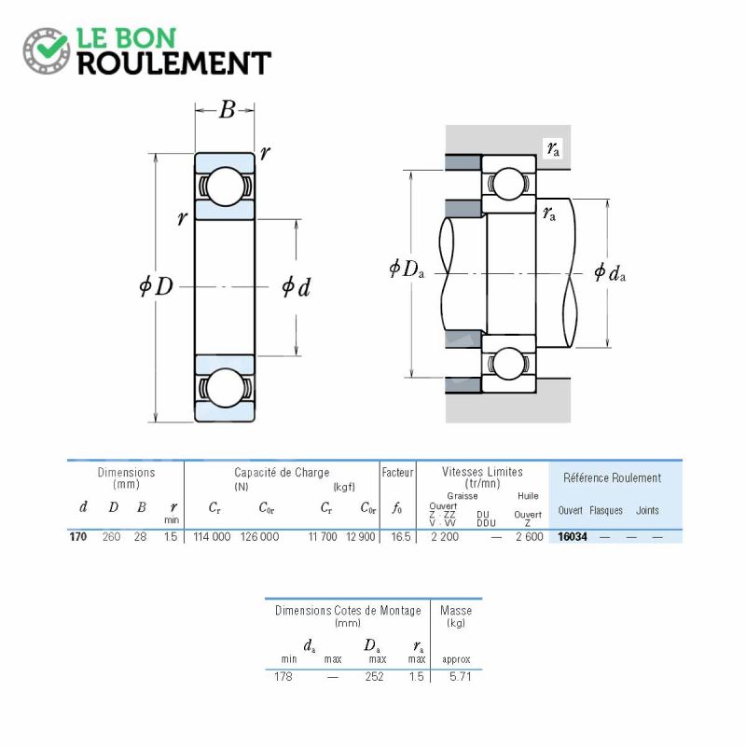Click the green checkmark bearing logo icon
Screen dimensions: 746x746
point(46,50)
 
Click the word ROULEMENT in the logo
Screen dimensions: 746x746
point(174,63)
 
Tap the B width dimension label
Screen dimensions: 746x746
point(227,110)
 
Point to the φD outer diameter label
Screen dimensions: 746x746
point(156,286)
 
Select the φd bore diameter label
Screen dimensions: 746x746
point(296,287)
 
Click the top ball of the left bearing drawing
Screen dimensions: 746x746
point(225,186)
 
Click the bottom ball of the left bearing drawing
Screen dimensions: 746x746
point(226,388)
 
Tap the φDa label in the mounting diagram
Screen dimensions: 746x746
point(407,269)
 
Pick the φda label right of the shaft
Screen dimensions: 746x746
point(610,272)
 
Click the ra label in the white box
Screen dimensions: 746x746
point(553,148)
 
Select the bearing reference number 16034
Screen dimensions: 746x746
point(573,537)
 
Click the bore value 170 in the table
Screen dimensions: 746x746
point(78,537)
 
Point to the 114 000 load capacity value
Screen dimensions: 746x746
point(212,537)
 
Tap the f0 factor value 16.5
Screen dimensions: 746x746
point(401,537)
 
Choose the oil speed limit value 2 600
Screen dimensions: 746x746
point(529,537)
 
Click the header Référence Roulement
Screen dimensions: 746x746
point(613,477)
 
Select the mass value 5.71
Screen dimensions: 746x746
point(460,676)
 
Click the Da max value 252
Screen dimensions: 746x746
point(375,676)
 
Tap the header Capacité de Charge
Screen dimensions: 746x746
point(282,473)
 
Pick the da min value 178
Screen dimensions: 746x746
point(283,676)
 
